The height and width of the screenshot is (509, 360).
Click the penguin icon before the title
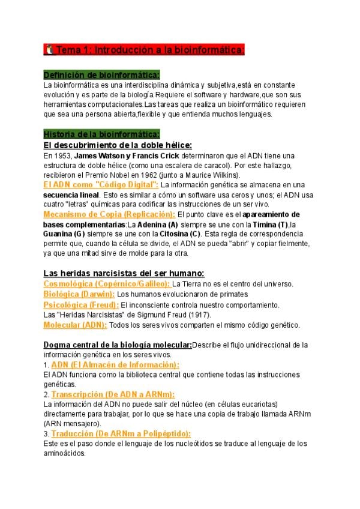49,50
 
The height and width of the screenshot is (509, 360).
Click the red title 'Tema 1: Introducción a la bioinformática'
150,50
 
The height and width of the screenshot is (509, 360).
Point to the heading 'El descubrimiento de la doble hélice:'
118,145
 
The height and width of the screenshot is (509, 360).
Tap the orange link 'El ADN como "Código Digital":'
101,185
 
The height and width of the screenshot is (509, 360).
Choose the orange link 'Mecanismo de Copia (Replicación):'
109,214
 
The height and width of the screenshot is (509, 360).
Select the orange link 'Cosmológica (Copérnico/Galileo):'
107,283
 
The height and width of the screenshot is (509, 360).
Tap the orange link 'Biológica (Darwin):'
79,294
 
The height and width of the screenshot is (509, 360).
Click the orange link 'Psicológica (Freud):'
81,304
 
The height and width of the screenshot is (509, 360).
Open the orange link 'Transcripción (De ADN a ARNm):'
113,394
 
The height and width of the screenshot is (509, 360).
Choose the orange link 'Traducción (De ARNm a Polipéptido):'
121,433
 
